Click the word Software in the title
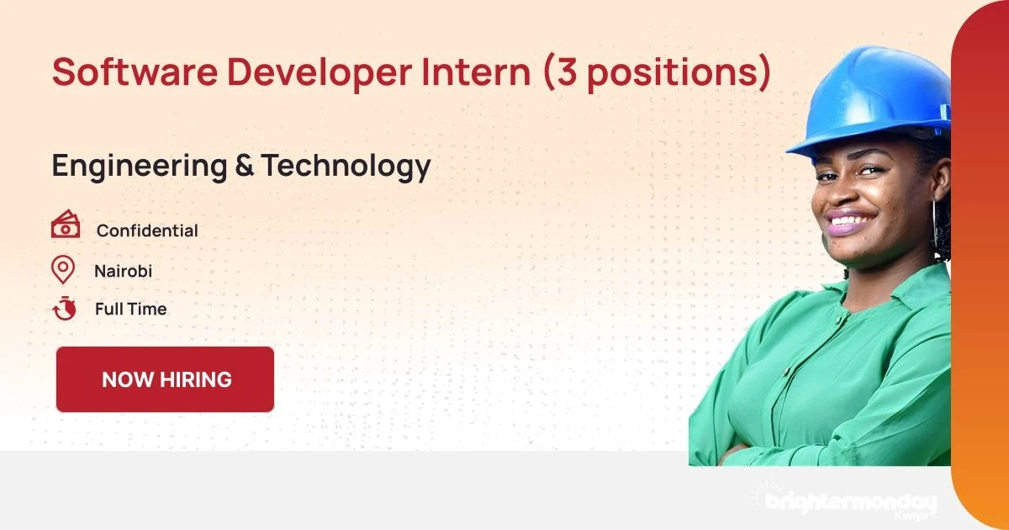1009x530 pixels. coord(135,72)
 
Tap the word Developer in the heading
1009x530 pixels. coord(320,74)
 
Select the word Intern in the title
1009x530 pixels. coord(476,72)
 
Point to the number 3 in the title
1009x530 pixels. coord(567,72)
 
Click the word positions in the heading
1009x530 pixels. coord(674,74)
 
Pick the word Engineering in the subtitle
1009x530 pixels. coord(140,167)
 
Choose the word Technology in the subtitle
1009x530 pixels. coord(346,167)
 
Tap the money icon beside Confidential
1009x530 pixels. coord(66,224)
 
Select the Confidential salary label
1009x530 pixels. coord(147,231)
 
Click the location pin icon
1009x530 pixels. coord(63,269)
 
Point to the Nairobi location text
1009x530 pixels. coord(123,271)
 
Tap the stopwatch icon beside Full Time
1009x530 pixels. coord(65,308)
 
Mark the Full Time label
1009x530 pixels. coord(130,310)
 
